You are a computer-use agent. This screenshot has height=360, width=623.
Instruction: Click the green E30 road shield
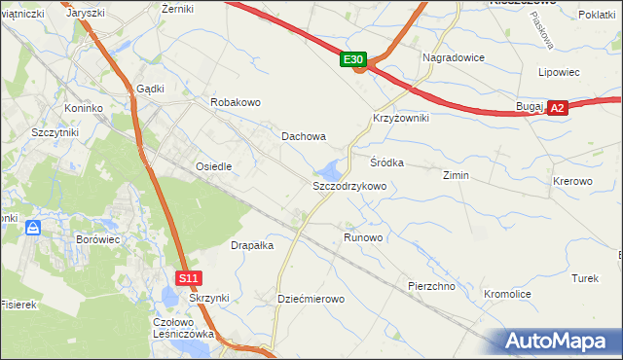pyautogui.click(x=353, y=60)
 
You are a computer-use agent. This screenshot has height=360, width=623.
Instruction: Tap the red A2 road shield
pyautogui.click(x=557, y=109)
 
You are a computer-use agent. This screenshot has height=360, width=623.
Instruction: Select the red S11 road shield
pyautogui.click(x=189, y=278)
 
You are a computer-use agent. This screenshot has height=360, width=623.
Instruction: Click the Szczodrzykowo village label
pyautogui.click(x=349, y=185)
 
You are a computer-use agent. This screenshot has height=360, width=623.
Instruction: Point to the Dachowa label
pyautogui.click(x=304, y=137)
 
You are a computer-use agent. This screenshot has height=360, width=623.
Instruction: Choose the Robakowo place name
pyautogui.click(x=236, y=101)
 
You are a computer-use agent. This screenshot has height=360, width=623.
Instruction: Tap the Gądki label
pyautogui.click(x=150, y=88)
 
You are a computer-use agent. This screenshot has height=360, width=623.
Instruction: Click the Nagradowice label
pyautogui.click(x=454, y=57)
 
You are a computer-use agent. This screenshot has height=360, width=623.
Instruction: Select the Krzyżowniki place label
pyautogui.click(x=401, y=117)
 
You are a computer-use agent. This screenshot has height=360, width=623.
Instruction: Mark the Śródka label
pyautogui.click(x=386, y=162)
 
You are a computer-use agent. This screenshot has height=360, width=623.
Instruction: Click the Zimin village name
pyautogui.click(x=456, y=175)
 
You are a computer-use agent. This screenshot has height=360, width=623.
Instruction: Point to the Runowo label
pyautogui.click(x=364, y=236)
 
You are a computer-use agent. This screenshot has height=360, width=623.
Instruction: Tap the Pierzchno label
pyautogui.click(x=433, y=286)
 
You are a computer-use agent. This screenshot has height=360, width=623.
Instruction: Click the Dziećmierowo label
pyautogui.click(x=311, y=299)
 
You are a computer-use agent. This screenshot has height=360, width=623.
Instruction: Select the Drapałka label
pyautogui.click(x=252, y=245)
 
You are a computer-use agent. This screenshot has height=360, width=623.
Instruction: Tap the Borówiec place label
pyautogui.click(x=97, y=237)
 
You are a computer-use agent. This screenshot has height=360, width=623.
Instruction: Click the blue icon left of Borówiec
pyautogui.click(x=33, y=228)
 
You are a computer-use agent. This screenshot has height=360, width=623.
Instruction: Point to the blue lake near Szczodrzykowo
pyautogui.click(x=332, y=168)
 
